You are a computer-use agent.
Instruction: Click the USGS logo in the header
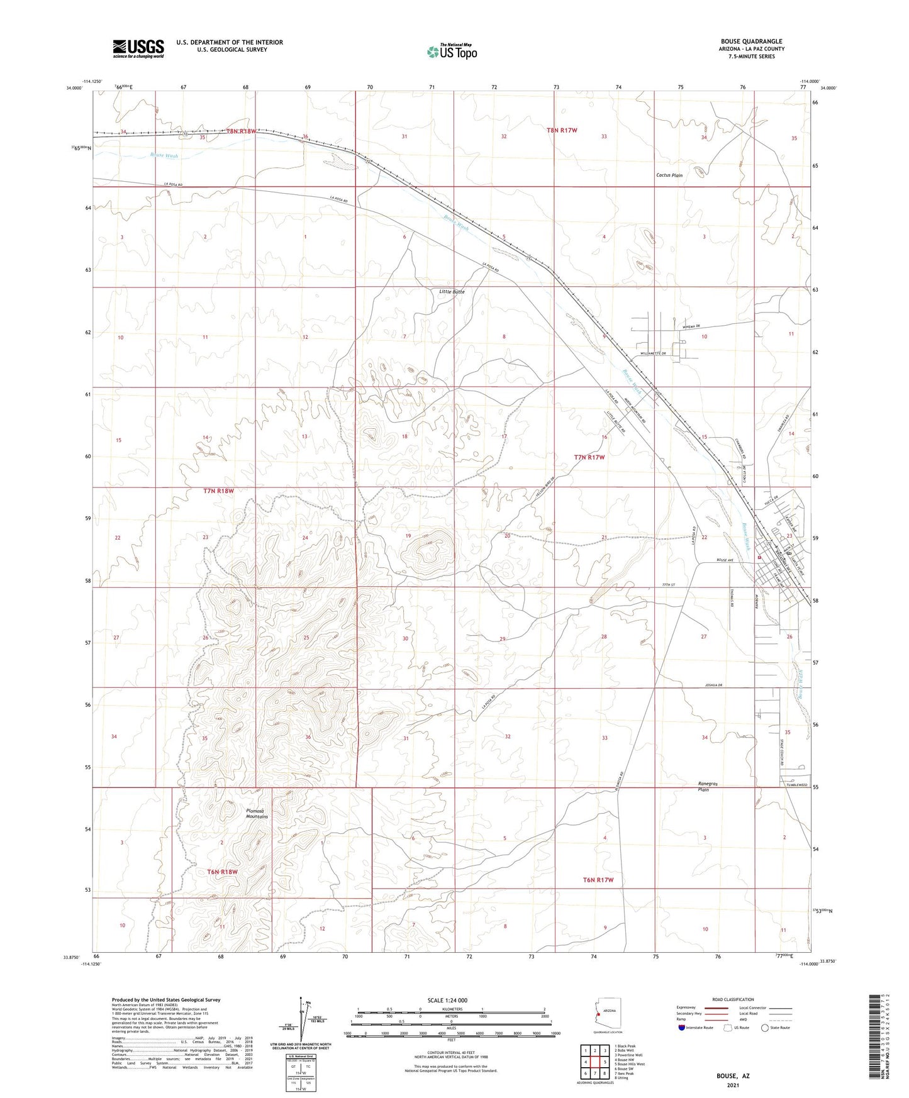(138, 48)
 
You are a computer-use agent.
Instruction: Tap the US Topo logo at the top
(452, 52)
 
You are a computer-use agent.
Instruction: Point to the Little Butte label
(452, 292)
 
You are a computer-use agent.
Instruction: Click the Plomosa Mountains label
(257, 814)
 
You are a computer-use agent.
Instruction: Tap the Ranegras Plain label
(703, 786)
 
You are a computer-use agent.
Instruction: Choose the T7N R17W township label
(589, 457)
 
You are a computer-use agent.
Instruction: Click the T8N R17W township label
(561, 130)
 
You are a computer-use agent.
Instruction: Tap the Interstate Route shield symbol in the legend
(683, 1028)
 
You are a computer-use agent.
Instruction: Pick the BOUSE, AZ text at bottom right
(733, 1075)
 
